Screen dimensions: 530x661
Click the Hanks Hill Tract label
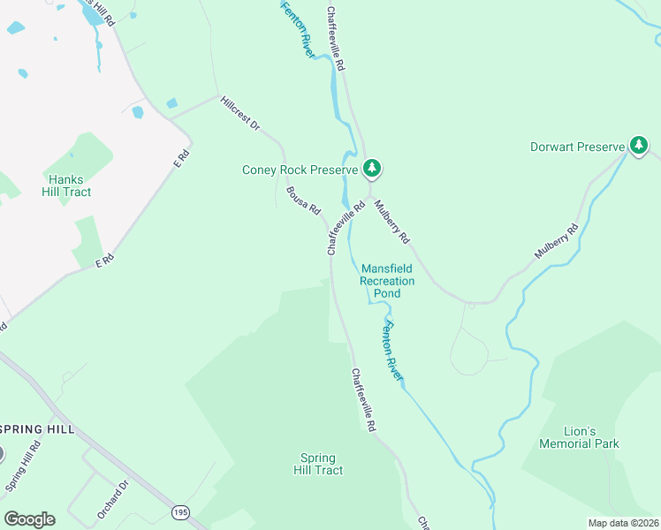click(x=70, y=185)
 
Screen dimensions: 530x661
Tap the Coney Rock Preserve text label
click(x=300, y=170)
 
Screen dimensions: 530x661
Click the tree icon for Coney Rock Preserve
click(x=372, y=167)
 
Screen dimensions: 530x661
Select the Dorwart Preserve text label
click(x=577, y=147)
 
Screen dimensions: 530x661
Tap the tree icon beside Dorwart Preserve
click(x=639, y=146)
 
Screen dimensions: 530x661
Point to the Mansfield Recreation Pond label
click(x=387, y=280)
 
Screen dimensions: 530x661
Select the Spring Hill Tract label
click(x=318, y=464)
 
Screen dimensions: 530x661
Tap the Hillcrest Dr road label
click(x=239, y=114)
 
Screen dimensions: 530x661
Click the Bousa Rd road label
click(x=303, y=200)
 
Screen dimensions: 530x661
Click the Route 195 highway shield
click(x=180, y=512)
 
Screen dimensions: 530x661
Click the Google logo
click(x=29, y=519)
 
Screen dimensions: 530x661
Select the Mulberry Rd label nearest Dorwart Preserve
click(x=556, y=241)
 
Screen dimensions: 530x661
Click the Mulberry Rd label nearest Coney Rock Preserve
click(x=391, y=222)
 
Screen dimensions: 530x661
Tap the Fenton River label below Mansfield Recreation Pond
click(x=391, y=351)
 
